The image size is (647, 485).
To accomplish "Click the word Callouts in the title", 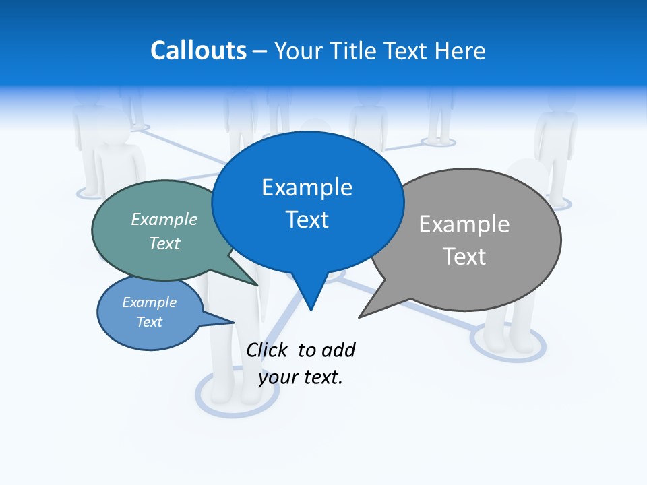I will click(x=199, y=51).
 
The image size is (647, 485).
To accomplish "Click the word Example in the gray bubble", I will click(x=464, y=224).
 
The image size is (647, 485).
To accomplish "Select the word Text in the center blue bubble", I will click(x=307, y=220).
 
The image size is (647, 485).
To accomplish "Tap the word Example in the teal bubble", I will click(x=164, y=219).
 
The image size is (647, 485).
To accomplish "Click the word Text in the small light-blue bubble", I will click(x=150, y=322).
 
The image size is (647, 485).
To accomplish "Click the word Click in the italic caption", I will click(x=266, y=350).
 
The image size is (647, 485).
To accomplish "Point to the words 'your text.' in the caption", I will click(x=301, y=377).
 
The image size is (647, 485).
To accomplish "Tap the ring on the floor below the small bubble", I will click(x=236, y=405).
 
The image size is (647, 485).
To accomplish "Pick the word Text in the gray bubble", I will click(x=464, y=256).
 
